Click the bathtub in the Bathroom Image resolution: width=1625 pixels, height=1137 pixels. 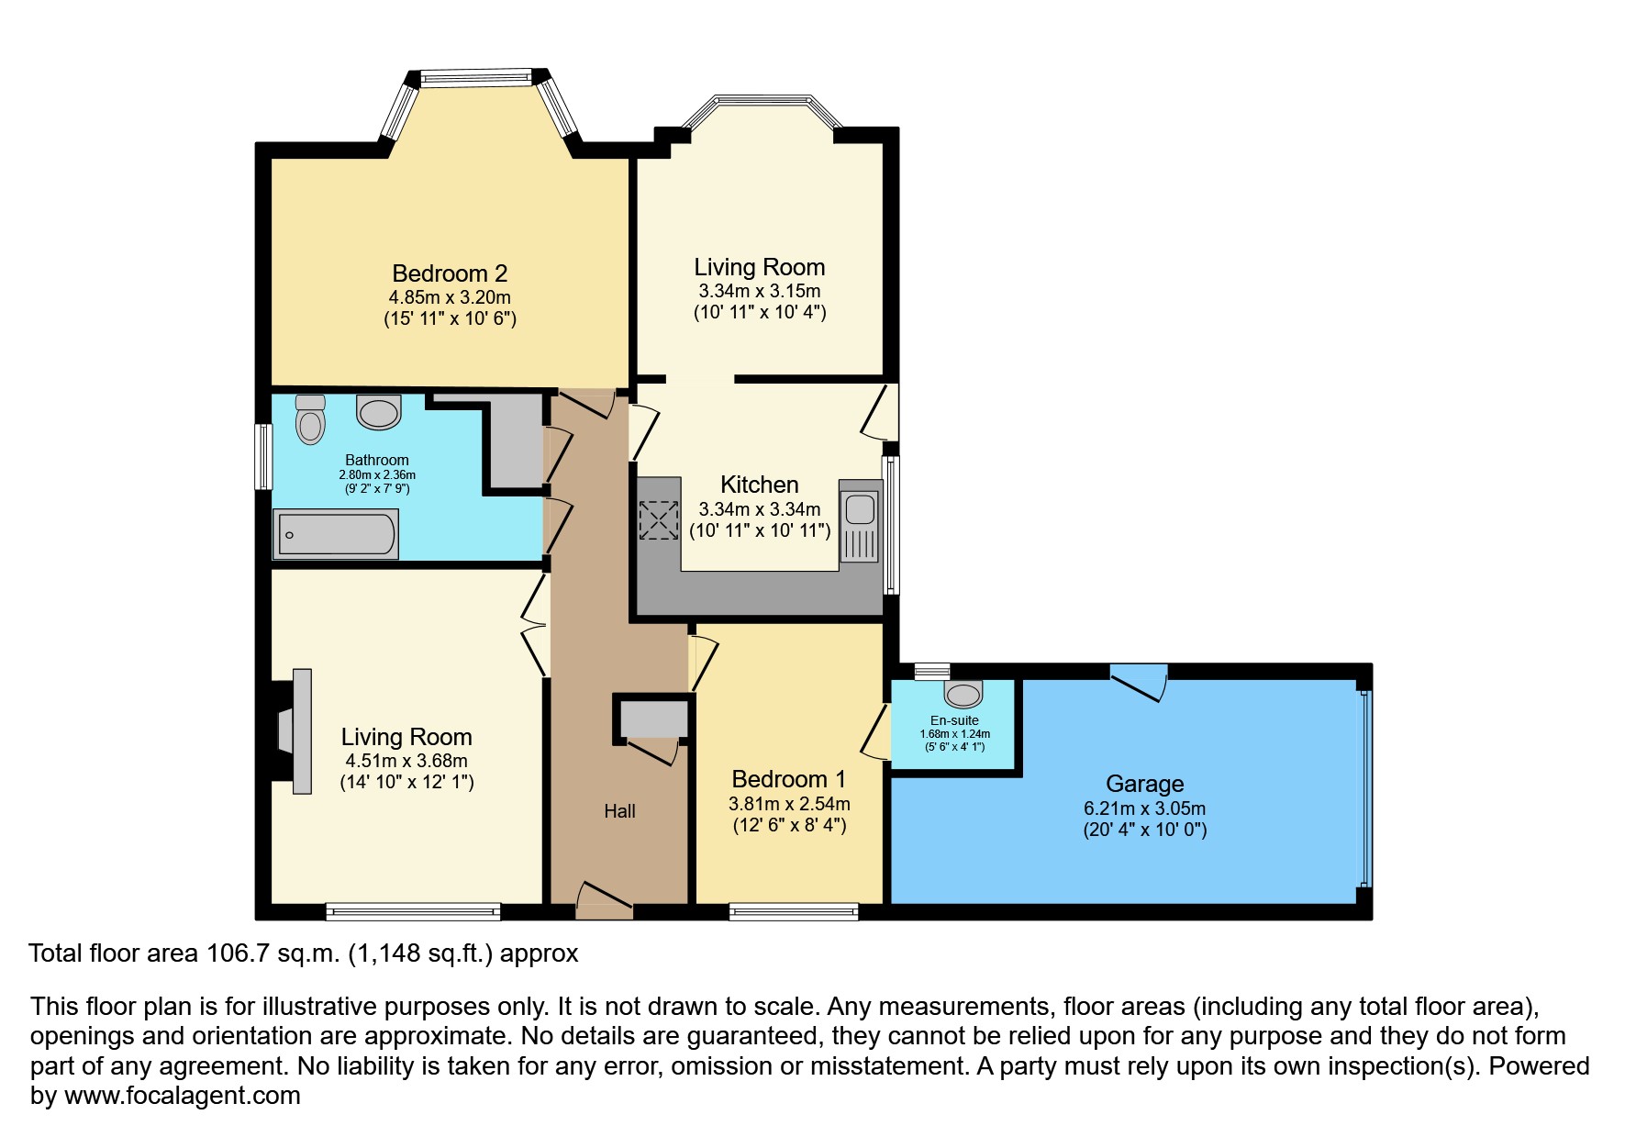336,535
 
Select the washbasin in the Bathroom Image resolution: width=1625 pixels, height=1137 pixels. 379,412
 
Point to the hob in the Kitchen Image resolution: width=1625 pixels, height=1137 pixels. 658,519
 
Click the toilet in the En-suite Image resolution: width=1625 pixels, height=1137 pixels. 963,690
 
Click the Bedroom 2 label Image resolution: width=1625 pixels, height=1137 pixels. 450,273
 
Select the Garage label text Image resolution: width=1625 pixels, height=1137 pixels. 1144,784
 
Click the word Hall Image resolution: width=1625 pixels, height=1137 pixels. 619,811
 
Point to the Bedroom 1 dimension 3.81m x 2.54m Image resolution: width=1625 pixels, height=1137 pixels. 789,804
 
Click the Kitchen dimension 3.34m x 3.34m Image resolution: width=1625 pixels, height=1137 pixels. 760,509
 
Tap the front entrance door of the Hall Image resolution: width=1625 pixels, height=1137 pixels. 603,900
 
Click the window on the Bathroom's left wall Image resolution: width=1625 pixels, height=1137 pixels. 263,456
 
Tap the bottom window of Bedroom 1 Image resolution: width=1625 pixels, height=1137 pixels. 794,911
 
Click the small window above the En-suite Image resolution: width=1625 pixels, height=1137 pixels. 931,670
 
